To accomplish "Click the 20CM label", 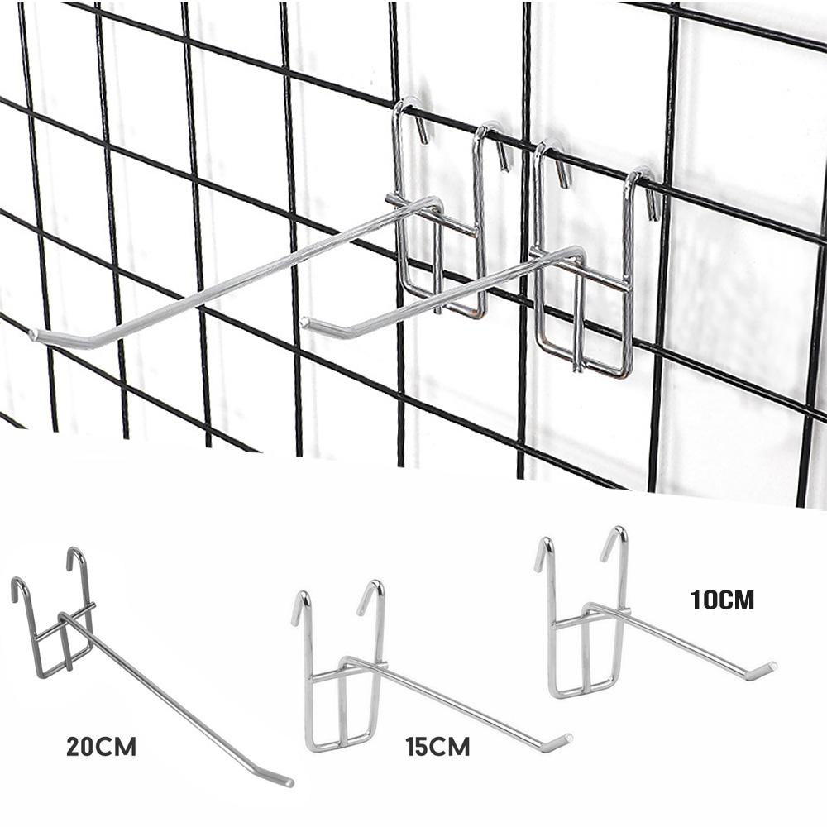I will tap(101, 748).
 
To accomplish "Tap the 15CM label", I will tap(437, 748).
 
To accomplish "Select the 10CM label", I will tap(723, 600).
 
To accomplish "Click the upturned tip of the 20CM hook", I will tap(286, 781).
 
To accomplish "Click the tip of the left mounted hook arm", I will tap(35, 335).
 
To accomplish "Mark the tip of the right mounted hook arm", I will tap(308, 323).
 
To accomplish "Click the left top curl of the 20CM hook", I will tap(17, 586).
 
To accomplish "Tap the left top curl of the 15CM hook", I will tap(301, 599).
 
